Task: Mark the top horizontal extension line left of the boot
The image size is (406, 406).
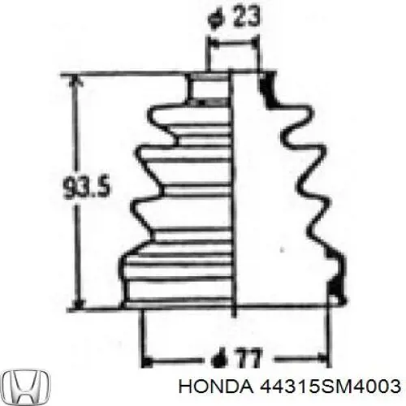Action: click(130, 74)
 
